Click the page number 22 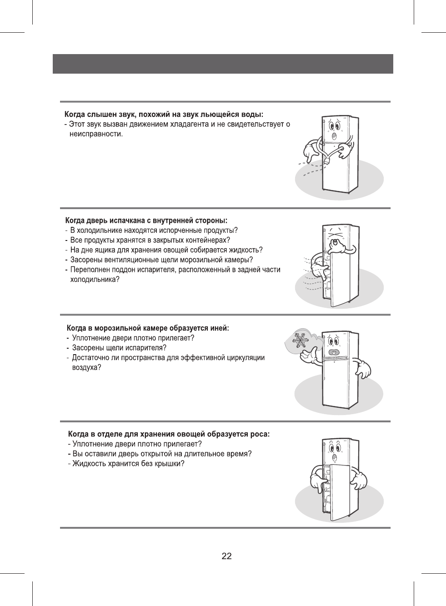pos(226,556)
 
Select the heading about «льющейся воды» pos(164,114)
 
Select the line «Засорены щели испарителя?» pos(120,348)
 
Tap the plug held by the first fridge pos(327,160)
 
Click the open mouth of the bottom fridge pos(335,457)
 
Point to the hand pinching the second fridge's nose pos(336,246)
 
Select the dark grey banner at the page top pos(223,64)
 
